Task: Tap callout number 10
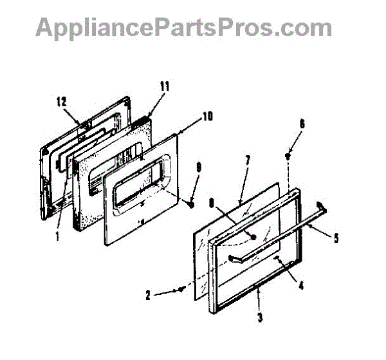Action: click(207, 117)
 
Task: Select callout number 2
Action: click(148, 297)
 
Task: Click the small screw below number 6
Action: click(288, 155)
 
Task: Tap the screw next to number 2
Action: click(185, 289)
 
